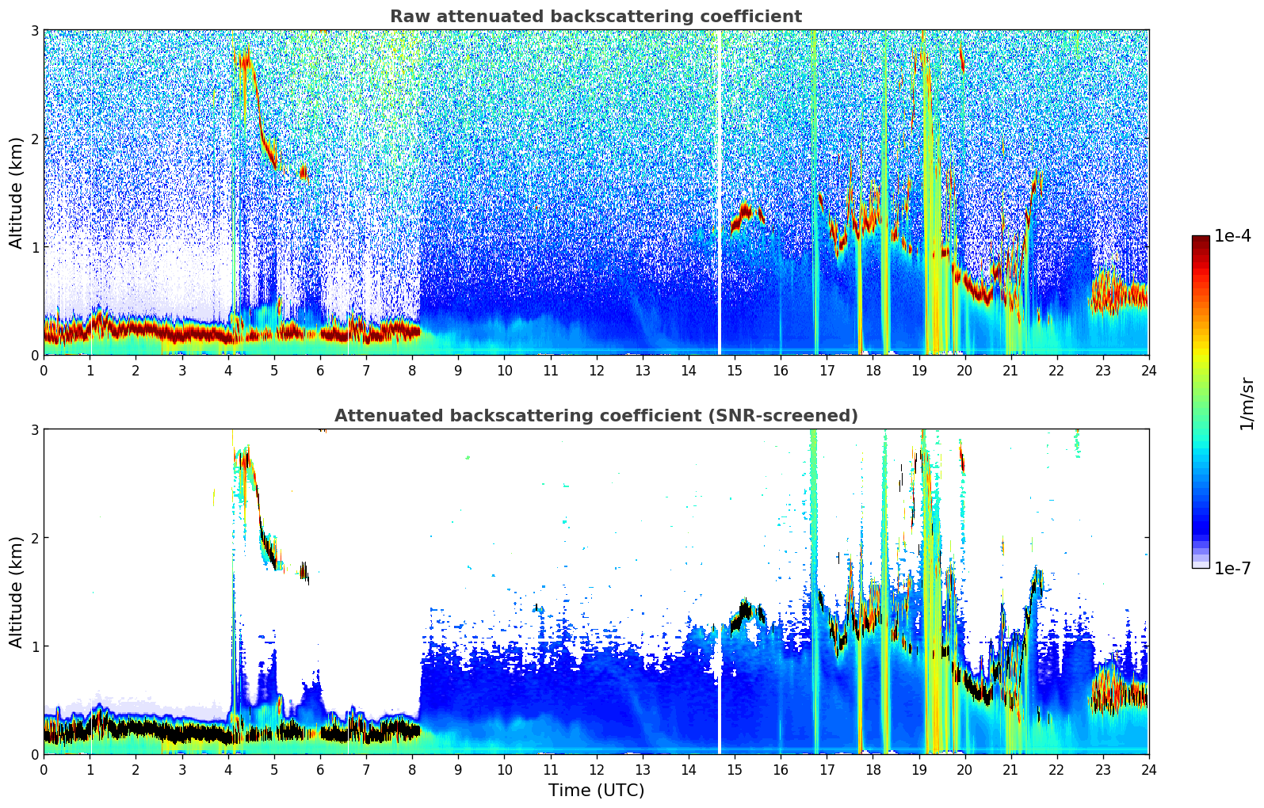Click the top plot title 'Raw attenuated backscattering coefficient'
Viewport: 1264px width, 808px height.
pyautogui.click(x=595, y=17)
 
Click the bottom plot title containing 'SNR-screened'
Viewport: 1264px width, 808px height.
pyautogui.click(x=595, y=416)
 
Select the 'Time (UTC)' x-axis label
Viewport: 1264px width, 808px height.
pyautogui.click(x=596, y=790)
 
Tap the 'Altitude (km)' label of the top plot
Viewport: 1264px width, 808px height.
pyautogui.click(x=16, y=192)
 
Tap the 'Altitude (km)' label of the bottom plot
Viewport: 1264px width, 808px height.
pyautogui.click(x=16, y=592)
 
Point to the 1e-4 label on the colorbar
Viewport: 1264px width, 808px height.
pyautogui.click(x=1232, y=236)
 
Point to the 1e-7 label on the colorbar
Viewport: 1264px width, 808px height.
pyautogui.click(x=1232, y=568)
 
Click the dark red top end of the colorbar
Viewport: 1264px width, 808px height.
pyautogui.click(x=1201, y=240)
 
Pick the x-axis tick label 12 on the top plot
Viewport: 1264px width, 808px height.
pyautogui.click(x=596, y=370)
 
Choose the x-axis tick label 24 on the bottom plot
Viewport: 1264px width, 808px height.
pyautogui.click(x=1148, y=769)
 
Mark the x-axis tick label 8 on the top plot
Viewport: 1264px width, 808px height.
pyautogui.click(x=412, y=370)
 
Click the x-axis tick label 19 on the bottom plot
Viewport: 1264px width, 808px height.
pyautogui.click(x=918, y=769)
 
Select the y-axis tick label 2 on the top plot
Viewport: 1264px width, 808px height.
pyautogui.click(x=35, y=139)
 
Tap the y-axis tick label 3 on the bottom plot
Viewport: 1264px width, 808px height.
pyautogui.click(x=35, y=430)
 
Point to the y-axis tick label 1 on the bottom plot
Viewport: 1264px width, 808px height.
pyautogui.click(x=35, y=646)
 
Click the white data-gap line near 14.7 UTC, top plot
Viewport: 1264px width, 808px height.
pyautogui.click(x=720, y=190)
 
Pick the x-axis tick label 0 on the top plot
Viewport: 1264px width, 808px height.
pyautogui.click(x=44, y=370)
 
